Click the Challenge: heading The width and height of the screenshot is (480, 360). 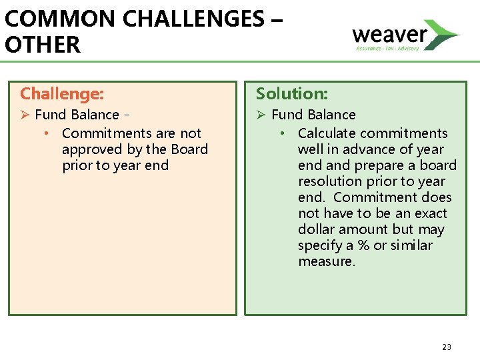[x=62, y=93]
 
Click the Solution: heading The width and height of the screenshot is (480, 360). [x=292, y=93]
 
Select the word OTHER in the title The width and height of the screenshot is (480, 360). [x=42, y=45]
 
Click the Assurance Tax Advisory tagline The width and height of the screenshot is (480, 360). [x=387, y=48]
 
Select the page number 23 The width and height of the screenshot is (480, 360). [x=446, y=347]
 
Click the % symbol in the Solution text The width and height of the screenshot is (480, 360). [x=364, y=245]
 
